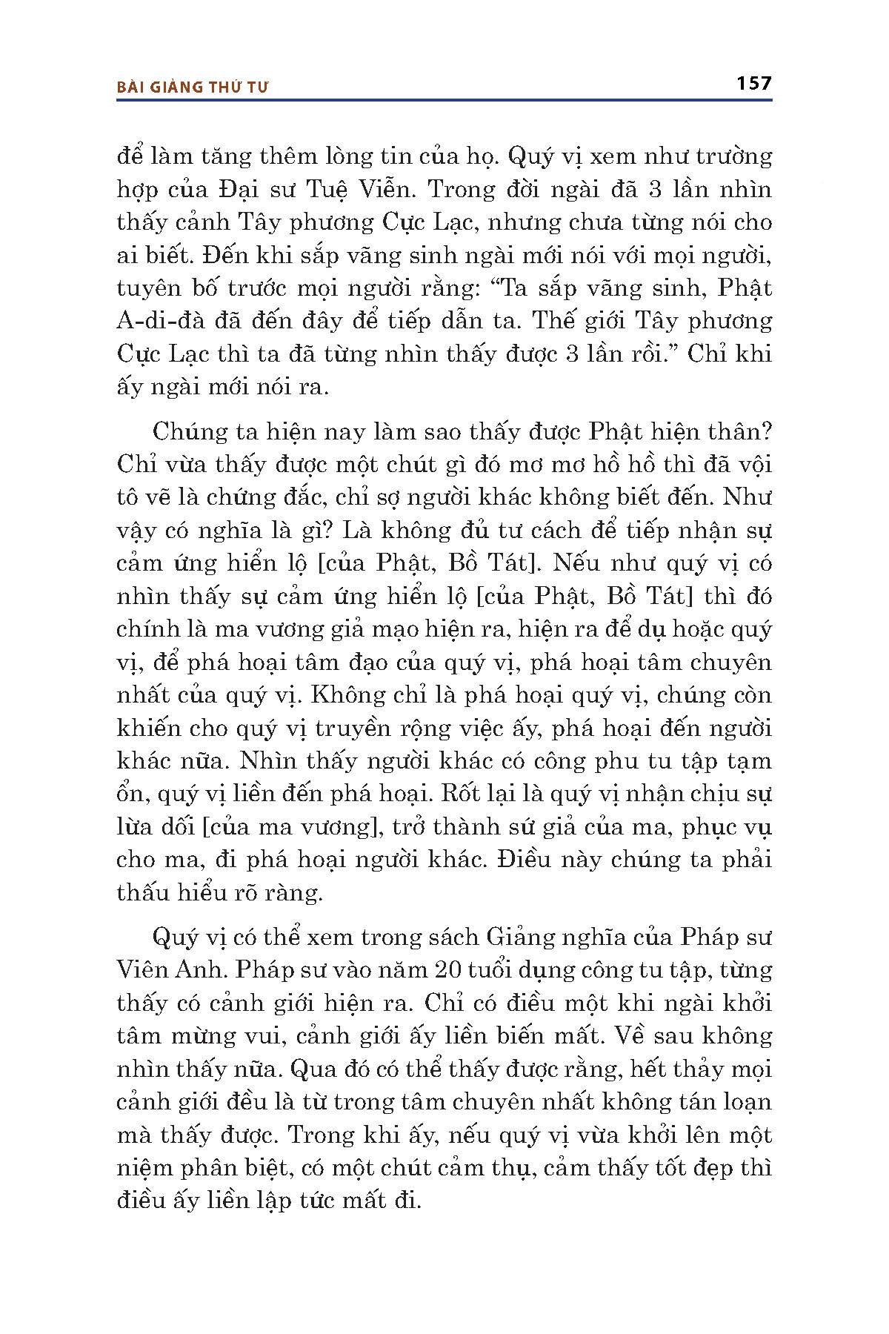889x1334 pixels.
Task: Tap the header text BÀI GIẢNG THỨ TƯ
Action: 193,87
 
